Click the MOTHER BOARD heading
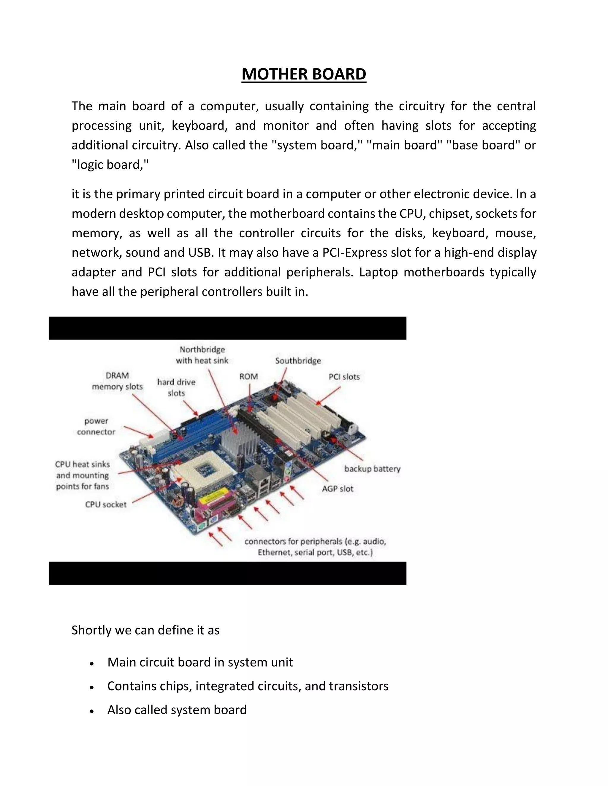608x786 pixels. (304, 74)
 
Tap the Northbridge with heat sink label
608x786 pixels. (202, 355)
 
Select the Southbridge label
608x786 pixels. (298, 361)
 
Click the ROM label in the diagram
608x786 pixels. (248, 376)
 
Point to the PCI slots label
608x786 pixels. (344, 377)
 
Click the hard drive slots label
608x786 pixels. (176, 388)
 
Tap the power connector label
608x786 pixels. (96, 426)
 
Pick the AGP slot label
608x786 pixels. (338, 489)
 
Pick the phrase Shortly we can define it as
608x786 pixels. (145, 630)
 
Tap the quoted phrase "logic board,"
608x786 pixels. (110, 165)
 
